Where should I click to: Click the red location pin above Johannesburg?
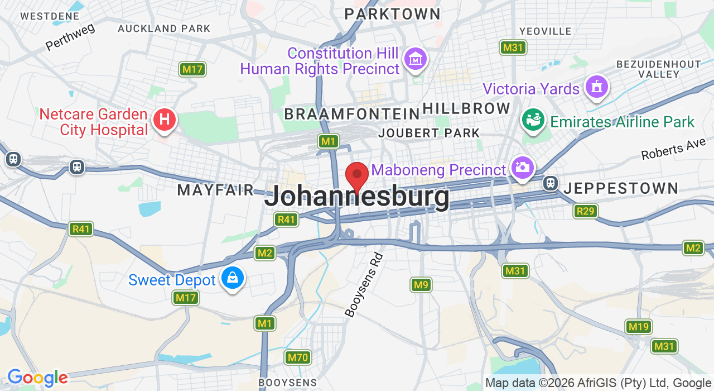tap(357, 175)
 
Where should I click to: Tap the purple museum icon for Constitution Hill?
tap(416, 59)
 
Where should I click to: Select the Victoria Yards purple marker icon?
tap(596, 87)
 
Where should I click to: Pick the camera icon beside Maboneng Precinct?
tap(522, 168)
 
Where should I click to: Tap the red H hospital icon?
tap(165, 120)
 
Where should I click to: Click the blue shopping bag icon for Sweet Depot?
tap(232, 277)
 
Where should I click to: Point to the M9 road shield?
tap(421, 285)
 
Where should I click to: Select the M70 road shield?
tap(297, 357)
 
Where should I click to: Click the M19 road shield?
tap(639, 327)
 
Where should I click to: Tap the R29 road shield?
tap(585, 211)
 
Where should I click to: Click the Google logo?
tap(37, 378)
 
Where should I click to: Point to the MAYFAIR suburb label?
tap(215, 190)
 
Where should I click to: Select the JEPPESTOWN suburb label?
tap(620, 188)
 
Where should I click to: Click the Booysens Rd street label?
tap(364, 285)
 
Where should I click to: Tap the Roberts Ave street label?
tap(673, 150)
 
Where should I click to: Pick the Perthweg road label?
tap(70, 36)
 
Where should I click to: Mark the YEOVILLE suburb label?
tap(545, 31)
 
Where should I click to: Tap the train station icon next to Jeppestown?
tap(551, 183)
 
